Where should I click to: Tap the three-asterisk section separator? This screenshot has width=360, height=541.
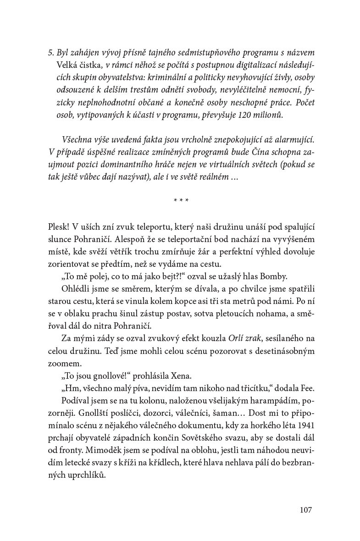[x=181, y=200]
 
